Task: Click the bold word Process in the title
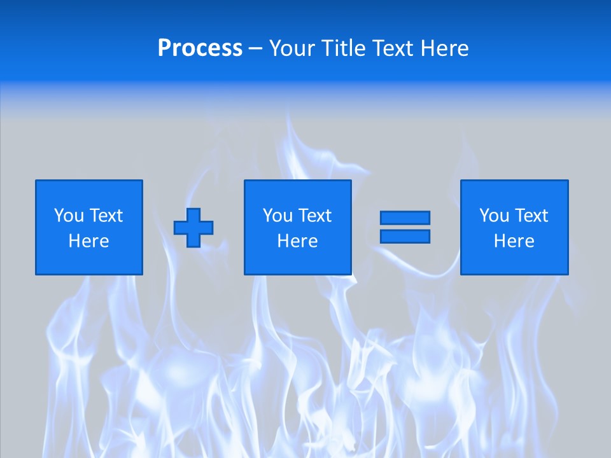click(x=200, y=48)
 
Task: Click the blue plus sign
click(x=193, y=228)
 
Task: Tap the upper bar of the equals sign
click(x=405, y=218)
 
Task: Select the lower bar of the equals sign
click(x=405, y=236)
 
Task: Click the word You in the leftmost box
click(x=68, y=216)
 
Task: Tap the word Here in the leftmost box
click(x=89, y=241)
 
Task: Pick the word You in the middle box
click(x=277, y=216)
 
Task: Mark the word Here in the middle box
click(x=297, y=241)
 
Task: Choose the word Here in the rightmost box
click(x=514, y=241)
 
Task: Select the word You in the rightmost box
click(x=493, y=216)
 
